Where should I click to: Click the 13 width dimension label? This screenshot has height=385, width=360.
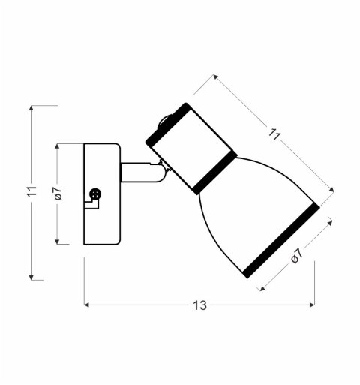click(x=199, y=305)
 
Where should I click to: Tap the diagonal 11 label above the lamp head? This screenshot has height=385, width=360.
click(x=275, y=135)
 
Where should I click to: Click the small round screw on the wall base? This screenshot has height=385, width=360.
click(x=94, y=194)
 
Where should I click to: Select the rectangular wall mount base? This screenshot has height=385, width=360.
click(x=102, y=194)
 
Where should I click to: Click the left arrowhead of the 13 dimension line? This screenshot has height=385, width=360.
click(x=86, y=305)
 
